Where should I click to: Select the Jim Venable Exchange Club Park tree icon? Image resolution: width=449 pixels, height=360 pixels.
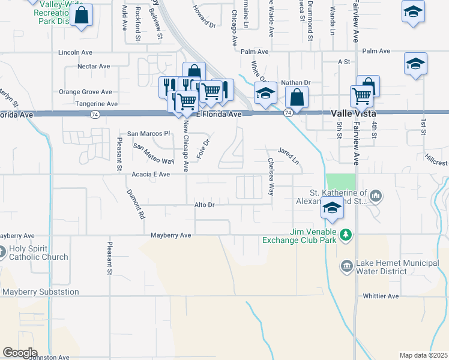tap(345, 234)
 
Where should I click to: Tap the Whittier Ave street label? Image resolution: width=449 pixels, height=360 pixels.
tap(381, 296)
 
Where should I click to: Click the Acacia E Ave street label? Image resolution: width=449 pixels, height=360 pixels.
tap(150, 174)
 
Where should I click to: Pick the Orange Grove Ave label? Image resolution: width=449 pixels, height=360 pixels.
tap(85, 92)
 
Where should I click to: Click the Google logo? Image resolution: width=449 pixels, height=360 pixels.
tap(19, 352)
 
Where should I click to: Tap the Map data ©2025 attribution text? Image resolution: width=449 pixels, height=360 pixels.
tap(423, 355)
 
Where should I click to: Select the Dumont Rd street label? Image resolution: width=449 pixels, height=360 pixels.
tap(136, 203)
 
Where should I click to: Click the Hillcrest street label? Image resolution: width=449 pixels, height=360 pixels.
tap(436, 163)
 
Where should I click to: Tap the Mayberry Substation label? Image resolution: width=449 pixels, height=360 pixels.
tap(40, 292)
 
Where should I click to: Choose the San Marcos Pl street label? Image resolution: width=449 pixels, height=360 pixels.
tap(149, 133)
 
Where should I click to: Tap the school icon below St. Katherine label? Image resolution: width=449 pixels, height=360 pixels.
tap(331, 208)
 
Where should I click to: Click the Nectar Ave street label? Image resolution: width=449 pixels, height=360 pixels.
tap(93, 66)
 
